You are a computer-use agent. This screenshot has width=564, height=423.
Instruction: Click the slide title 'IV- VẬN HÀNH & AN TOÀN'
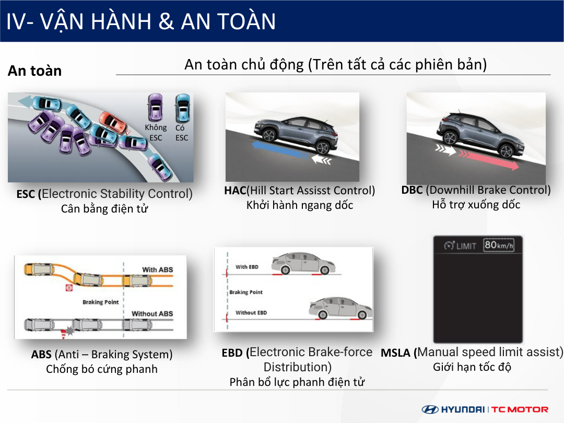point(141,21)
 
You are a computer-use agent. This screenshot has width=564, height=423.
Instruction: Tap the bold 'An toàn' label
point(35,71)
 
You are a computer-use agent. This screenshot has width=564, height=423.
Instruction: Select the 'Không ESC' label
point(156,132)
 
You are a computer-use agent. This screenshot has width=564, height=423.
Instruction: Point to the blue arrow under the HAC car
point(280,150)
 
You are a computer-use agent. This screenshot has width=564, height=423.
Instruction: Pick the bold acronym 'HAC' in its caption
point(235,190)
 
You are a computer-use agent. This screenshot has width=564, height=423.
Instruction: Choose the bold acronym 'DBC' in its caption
point(412,190)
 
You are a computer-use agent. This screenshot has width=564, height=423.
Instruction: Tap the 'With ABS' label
point(158,269)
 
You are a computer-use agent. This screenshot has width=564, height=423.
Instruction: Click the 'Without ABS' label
point(152,314)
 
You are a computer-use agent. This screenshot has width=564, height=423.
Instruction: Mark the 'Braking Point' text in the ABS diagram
point(101,302)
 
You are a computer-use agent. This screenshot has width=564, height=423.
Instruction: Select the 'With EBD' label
point(247,267)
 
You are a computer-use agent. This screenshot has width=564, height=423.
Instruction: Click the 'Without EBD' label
point(251,313)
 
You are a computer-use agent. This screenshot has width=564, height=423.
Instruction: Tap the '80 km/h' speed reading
point(499,245)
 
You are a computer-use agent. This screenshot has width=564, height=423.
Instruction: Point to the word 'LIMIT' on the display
point(466,246)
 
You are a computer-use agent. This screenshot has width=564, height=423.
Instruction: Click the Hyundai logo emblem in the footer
point(430,409)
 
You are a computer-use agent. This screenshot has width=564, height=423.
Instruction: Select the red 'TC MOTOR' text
point(520,409)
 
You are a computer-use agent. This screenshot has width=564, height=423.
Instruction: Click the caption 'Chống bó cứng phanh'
point(102,369)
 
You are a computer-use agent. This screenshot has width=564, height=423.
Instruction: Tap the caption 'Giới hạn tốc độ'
point(472,367)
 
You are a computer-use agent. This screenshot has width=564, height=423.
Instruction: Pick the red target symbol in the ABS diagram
point(69,288)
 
